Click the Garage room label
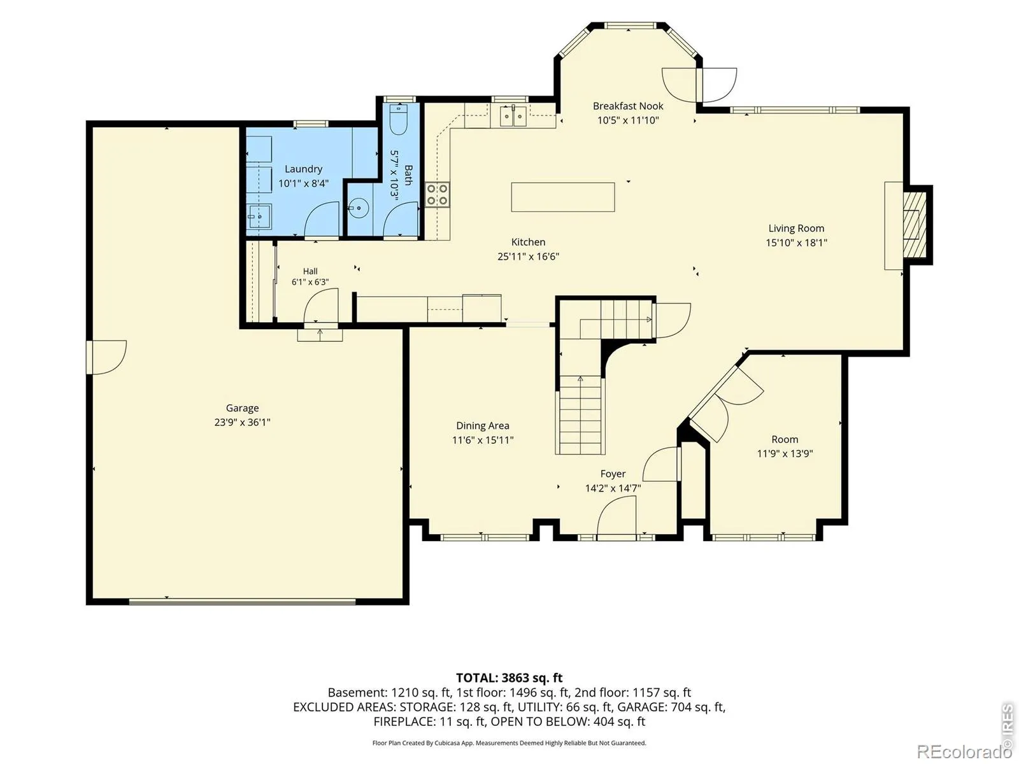[x=242, y=408]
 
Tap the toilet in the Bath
[x=398, y=119]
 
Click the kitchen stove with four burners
[x=438, y=194]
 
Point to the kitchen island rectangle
[x=562, y=197]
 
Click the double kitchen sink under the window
[x=513, y=115]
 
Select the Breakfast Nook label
[x=628, y=106]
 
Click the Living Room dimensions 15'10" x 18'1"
[x=796, y=243]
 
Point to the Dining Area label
[x=482, y=426]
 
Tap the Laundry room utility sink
[x=259, y=216]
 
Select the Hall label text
[x=310, y=271]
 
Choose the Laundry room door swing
[x=321, y=220]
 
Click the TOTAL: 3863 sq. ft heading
[x=509, y=678]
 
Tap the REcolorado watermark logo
[x=964, y=751]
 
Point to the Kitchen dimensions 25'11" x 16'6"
[x=528, y=257]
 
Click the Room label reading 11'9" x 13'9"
[x=785, y=454]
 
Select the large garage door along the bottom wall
[x=242, y=602]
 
